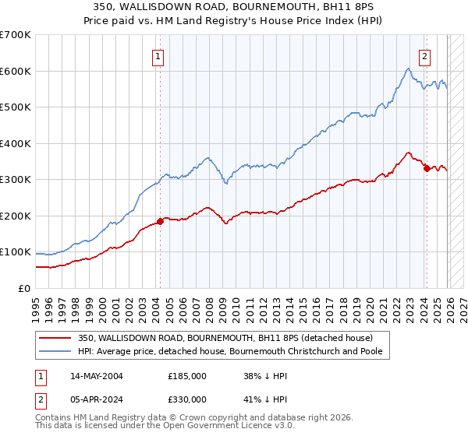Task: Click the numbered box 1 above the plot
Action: (158, 55)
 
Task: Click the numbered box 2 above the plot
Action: (425, 55)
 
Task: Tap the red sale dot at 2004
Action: (160, 221)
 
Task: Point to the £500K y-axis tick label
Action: (16, 107)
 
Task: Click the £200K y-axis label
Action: (16, 216)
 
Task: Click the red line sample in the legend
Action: (56, 338)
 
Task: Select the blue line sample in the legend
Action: (56, 351)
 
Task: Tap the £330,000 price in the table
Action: (187, 399)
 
